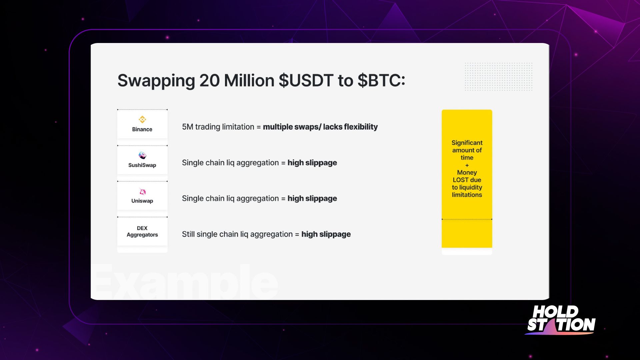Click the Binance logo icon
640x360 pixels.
(142, 119)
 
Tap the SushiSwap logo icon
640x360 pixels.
(142, 155)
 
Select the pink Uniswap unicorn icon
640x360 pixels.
(143, 192)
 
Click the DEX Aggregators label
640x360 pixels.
(142, 231)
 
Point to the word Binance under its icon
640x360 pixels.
(142, 129)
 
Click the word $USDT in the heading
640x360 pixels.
(306, 81)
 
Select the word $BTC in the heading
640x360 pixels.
(381, 81)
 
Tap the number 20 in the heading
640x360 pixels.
(209, 81)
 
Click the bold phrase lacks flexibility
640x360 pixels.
(350, 127)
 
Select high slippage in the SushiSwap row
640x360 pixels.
(312, 163)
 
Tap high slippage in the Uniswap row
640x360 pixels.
(312, 199)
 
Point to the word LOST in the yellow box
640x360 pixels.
(461, 180)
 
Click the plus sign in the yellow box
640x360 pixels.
(467, 165)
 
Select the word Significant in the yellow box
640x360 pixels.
(467, 143)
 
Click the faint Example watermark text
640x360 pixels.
(184, 282)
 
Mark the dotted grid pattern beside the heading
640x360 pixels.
(499, 76)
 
